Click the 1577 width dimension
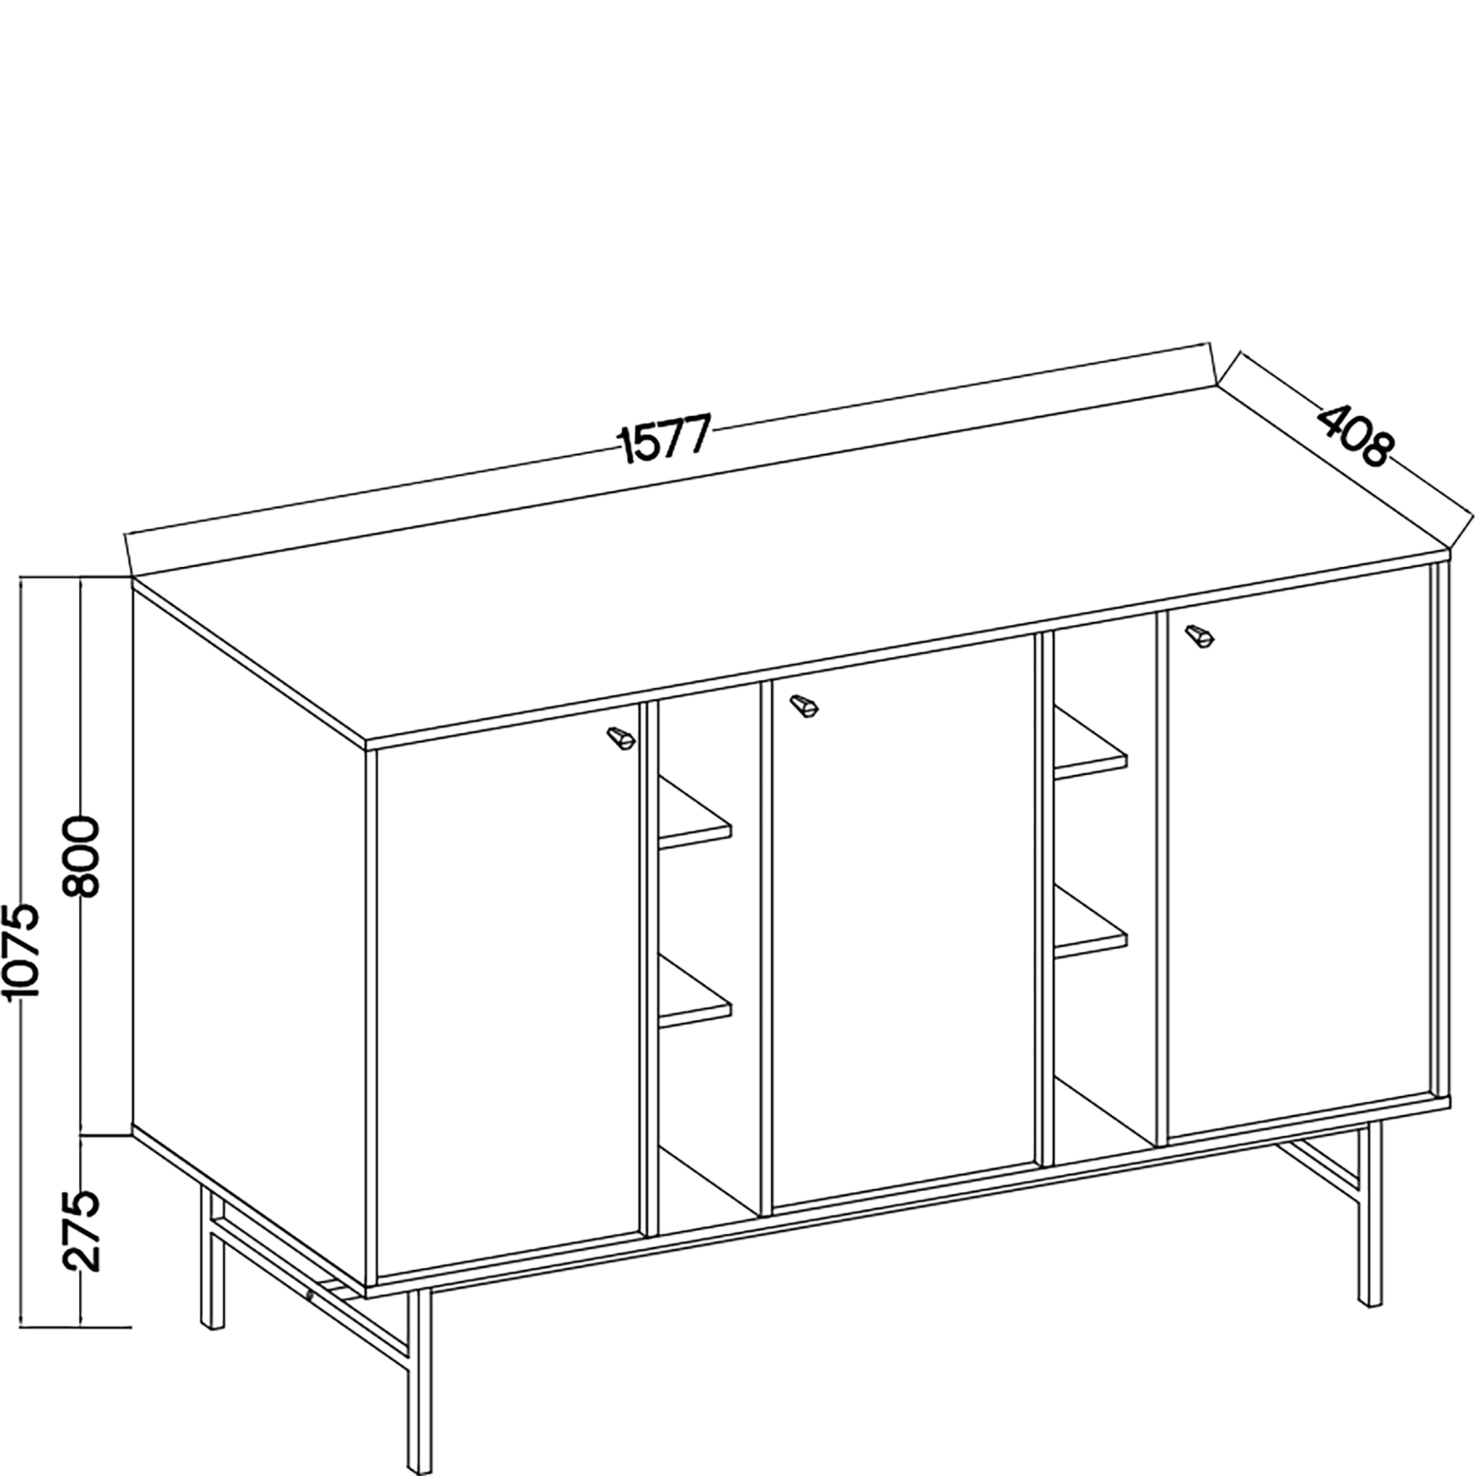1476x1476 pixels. tap(664, 438)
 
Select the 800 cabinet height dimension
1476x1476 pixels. tap(81, 856)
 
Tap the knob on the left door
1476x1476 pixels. tap(621, 738)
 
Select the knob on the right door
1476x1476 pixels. tap(1199, 635)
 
